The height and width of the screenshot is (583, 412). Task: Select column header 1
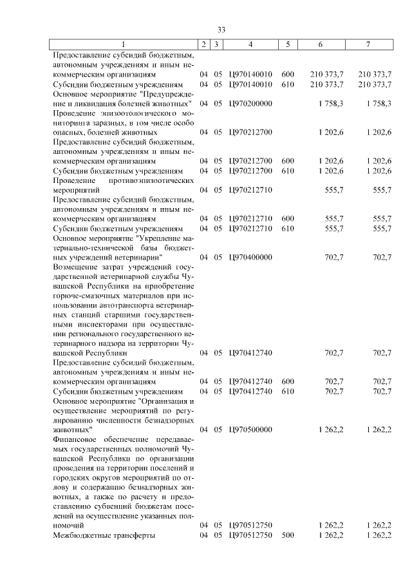click(124, 44)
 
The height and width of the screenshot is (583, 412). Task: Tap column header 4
click(250, 44)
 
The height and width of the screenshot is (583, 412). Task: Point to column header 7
click(368, 44)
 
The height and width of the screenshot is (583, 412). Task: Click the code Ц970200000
click(250, 103)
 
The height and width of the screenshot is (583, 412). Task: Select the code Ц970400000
click(250, 257)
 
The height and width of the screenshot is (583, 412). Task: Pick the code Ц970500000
click(250, 428)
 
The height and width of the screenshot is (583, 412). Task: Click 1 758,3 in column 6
click(330, 103)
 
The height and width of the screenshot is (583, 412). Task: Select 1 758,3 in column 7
click(378, 103)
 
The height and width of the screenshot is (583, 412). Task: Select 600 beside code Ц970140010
click(287, 74)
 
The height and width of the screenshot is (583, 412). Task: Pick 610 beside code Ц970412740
click(287, 391)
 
